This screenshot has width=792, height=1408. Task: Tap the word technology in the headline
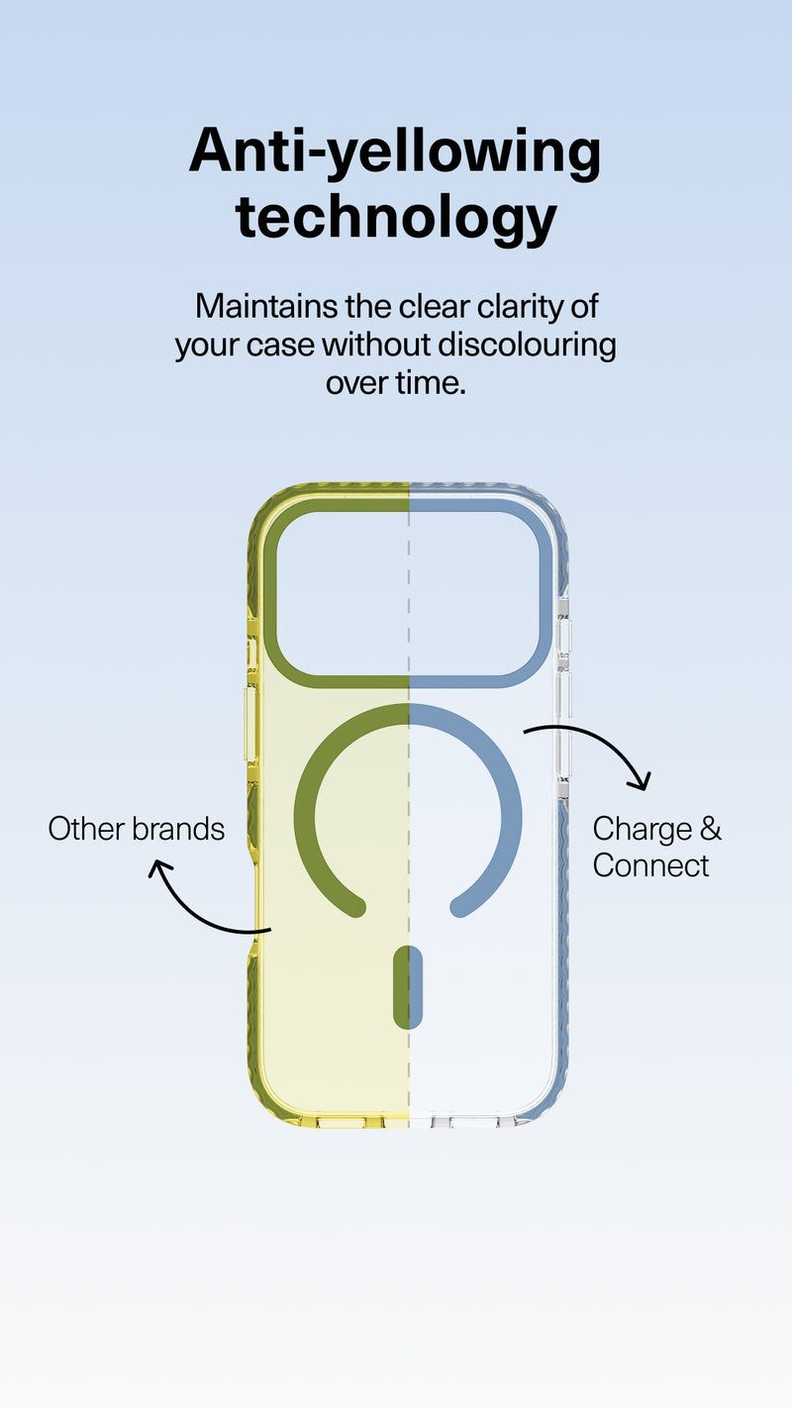396,218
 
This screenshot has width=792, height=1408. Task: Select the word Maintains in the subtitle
266,306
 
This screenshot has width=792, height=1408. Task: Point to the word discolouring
527,347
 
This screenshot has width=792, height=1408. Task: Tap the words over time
396,382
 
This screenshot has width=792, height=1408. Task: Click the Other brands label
137,829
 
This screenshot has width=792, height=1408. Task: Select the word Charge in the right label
643,830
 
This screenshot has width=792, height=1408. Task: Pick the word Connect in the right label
650,865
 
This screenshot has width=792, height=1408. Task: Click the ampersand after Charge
710,829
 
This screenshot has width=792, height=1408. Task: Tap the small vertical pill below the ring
407,987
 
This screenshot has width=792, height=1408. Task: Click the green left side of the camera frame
270,594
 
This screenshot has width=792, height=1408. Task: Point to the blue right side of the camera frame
545,594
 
